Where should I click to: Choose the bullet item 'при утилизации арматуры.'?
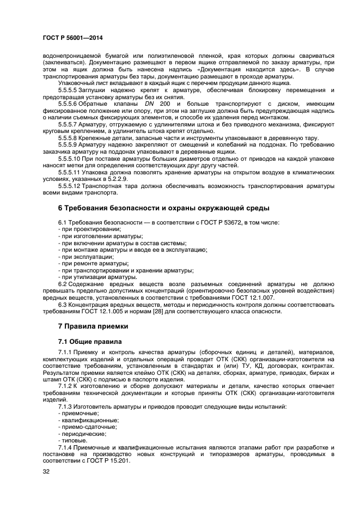(91, 277)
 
